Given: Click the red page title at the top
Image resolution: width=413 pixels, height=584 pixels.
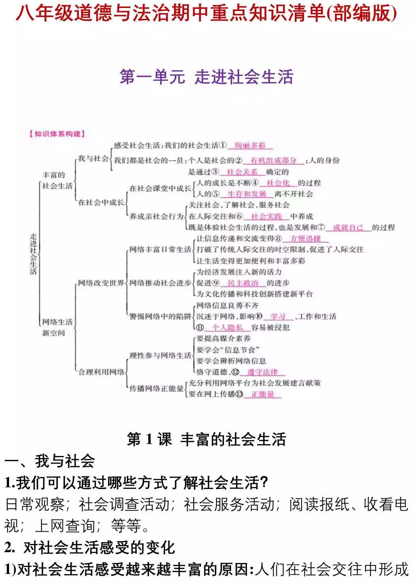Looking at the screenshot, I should point(206,13).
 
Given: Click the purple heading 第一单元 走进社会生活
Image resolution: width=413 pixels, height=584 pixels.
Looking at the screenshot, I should point(206,76).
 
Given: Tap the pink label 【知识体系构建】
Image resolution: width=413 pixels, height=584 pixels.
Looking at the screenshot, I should point(57,134).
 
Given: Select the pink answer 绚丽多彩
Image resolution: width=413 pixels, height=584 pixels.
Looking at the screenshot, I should point(250,145).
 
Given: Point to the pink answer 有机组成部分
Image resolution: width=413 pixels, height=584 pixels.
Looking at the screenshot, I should point(273,160).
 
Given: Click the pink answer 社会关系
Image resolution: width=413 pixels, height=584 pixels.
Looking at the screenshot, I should point(242,172).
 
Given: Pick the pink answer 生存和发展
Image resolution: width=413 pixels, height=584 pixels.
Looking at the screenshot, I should point(247,194).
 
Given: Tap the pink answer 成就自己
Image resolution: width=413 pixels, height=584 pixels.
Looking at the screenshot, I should point(348,227).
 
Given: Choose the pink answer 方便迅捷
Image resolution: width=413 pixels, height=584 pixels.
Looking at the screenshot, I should point(305,239).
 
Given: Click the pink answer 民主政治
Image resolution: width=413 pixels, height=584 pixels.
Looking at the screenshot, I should point(243,283).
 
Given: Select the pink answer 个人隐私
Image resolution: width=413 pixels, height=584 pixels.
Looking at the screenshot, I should point(228,328).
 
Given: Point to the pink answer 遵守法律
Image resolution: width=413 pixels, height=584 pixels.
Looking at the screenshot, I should point(262,372).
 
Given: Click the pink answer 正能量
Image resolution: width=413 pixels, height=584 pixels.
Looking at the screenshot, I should point(262,394).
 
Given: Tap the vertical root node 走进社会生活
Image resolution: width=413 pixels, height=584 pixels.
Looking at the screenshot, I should point(33,254).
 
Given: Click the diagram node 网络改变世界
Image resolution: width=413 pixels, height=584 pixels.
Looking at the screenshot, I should point(101,283).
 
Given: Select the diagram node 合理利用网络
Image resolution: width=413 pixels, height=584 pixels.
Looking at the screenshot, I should point(101,372).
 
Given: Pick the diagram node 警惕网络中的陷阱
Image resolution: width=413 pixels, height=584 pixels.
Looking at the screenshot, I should point(160,317).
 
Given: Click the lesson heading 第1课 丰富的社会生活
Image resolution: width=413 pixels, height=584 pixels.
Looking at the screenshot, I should point(206,439).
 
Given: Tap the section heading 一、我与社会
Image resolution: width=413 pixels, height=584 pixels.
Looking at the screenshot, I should point(50,461).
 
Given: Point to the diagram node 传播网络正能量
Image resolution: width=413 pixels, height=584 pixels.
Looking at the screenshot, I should point(157,389).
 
